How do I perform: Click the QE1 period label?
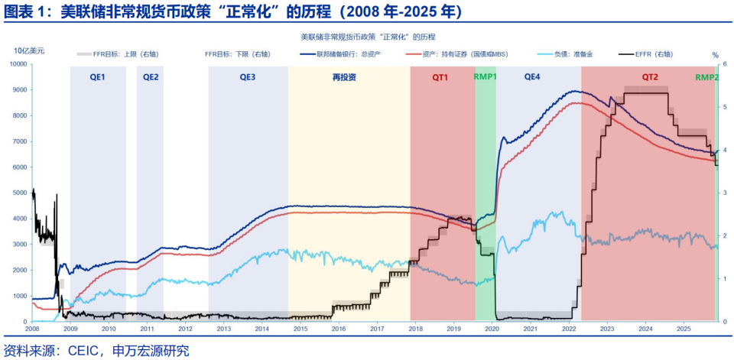click(x=98, y=77)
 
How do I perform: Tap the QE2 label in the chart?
click(x=151, y=77)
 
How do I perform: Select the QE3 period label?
click(x=248, y=77)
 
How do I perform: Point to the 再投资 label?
click(x=344, y=77)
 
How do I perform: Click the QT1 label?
click(x=441, y=77)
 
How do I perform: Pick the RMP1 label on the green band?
click(x=486, y=77)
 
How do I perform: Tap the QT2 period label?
click(x=649, y=77)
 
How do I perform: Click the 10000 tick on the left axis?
click(x=18, y=64)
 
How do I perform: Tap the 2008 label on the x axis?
click(x=32, y=329)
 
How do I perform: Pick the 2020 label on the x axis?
click(x=492, y=329)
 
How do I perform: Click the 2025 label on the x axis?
click(x=684, y=329)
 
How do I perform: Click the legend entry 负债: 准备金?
click(x=570, y=54)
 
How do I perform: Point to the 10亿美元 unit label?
click(x=29, y=50)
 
